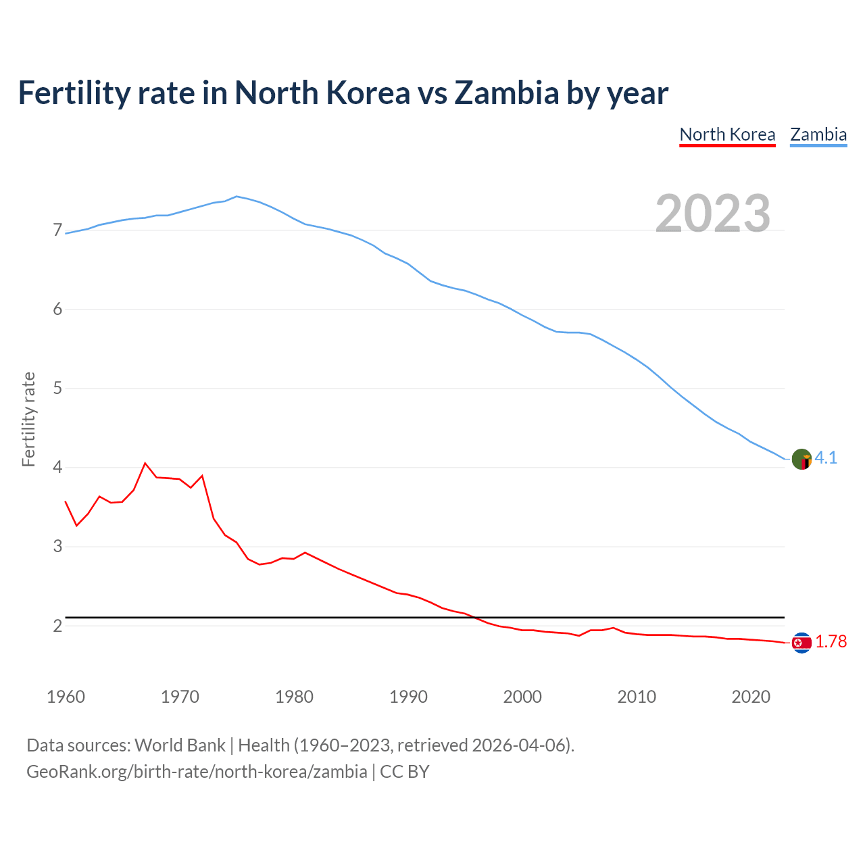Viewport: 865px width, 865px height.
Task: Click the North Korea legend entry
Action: [727, 134]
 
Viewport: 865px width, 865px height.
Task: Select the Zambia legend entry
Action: [818, 134]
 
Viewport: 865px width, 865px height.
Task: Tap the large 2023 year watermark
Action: [713, 214]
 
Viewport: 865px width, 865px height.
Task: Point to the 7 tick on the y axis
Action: [57, 230]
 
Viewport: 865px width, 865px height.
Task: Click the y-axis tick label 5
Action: [57, 388]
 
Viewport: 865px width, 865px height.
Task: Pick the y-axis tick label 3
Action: [57, 546]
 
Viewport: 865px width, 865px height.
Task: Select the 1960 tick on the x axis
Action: [66, 697]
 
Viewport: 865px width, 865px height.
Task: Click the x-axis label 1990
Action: [408, 697]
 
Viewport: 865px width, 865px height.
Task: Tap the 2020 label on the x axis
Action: [751, 697]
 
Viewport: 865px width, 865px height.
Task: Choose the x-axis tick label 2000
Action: [522, 697]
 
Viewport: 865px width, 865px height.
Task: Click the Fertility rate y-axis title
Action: [28, 419]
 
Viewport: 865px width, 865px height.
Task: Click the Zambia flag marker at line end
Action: [801, 459]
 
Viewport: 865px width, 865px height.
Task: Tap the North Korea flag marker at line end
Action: [801, 643]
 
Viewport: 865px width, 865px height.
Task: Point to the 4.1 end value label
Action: [826, 458]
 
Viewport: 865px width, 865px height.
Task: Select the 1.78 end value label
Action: [831, 641]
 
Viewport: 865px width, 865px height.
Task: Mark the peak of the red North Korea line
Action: [145, 463]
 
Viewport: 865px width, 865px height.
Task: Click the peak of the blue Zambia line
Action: [236, 196]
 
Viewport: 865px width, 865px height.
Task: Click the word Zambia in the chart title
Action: [506, 93]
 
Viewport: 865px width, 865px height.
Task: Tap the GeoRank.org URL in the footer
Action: [197, 771]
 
